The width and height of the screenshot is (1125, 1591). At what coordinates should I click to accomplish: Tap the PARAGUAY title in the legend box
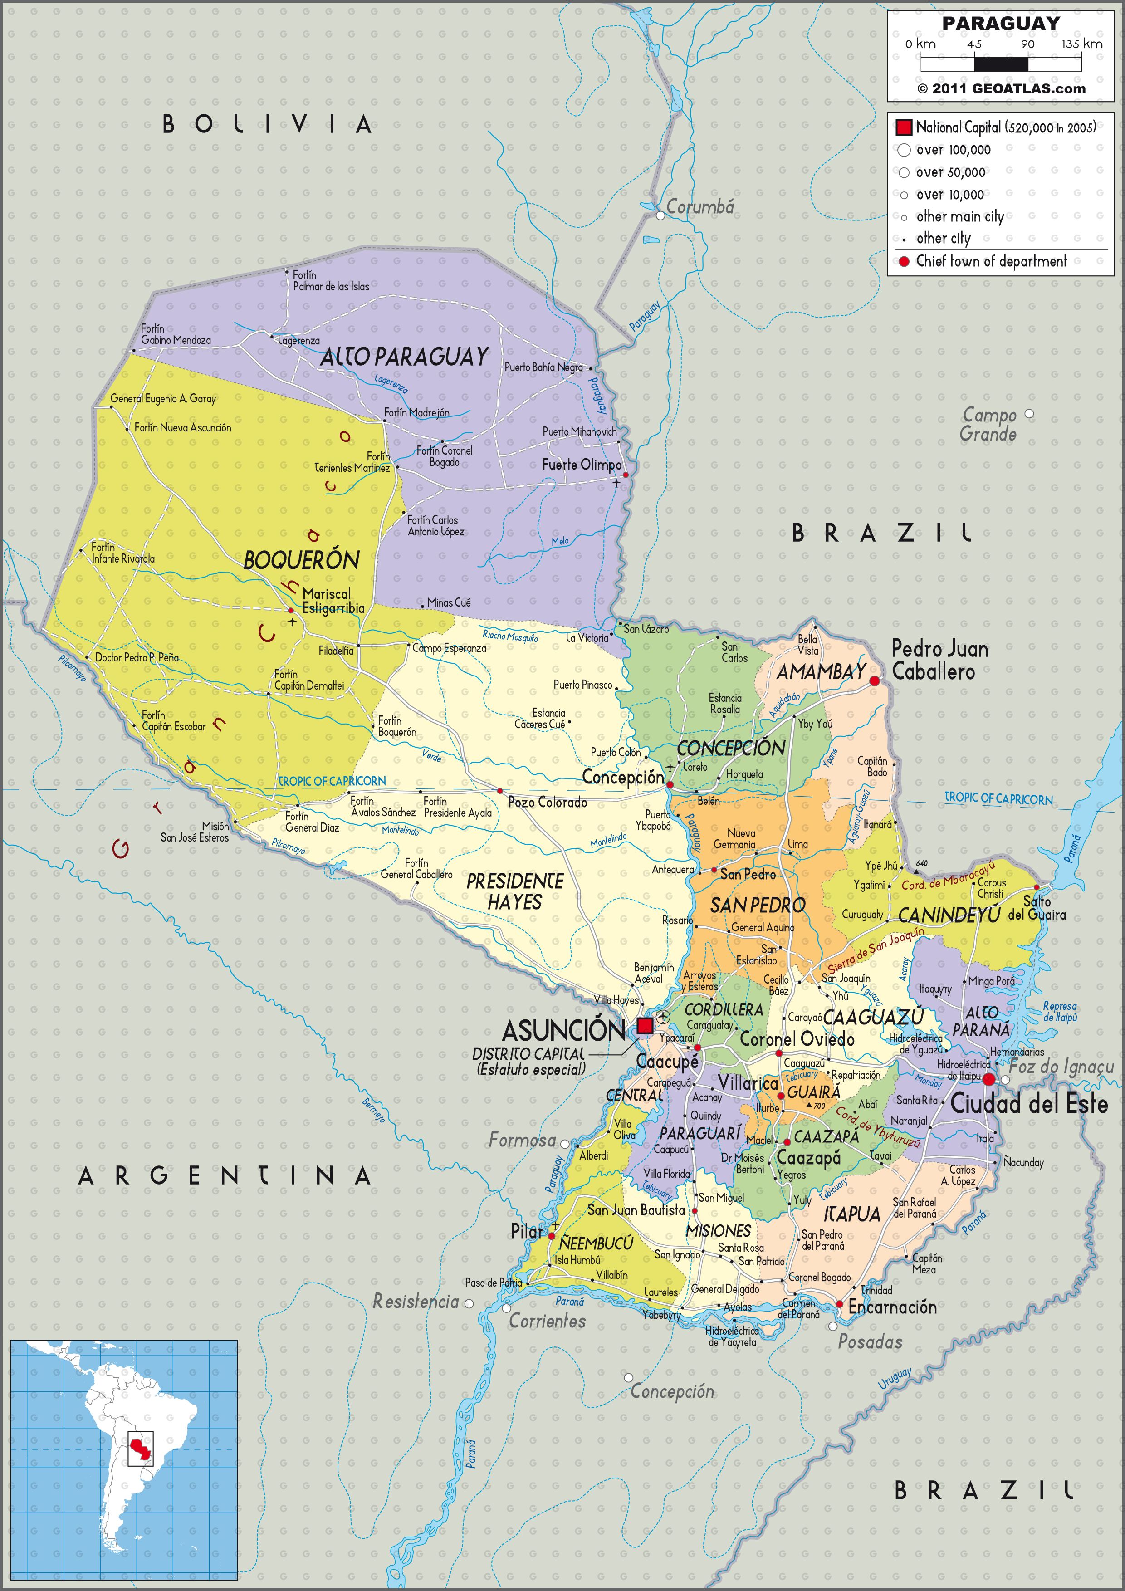tap(1000, 24)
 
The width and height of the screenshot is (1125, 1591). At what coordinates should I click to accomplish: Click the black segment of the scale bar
tap(1001, 64)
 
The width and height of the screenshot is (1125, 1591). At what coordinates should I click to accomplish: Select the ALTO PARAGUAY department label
tap(405, 357)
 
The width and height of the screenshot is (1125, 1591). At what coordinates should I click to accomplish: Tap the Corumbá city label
tap(699, 206)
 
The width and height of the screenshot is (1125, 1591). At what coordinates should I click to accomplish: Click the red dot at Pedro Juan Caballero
tap(874, 682)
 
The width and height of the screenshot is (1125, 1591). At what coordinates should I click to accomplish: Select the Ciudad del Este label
tap(1029, 1104)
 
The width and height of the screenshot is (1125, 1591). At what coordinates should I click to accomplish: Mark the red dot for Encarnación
tap(840, 1304)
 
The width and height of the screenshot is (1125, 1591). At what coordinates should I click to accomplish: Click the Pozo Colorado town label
tap(547, 803)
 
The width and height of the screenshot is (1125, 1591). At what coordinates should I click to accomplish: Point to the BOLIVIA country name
tap(267, 125)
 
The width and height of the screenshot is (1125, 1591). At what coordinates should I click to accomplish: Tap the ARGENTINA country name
tap(225, 1176)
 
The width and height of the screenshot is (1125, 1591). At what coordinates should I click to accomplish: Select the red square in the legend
tap(903, 127)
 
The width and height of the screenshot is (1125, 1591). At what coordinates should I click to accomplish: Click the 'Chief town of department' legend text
tap(991, 261)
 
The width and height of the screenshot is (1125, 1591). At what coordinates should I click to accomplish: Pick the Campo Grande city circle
tap(1029, 414)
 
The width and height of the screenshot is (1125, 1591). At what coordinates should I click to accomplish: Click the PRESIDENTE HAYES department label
tap(515, 891)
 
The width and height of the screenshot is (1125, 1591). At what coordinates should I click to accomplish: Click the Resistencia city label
tap(416, 1302)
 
